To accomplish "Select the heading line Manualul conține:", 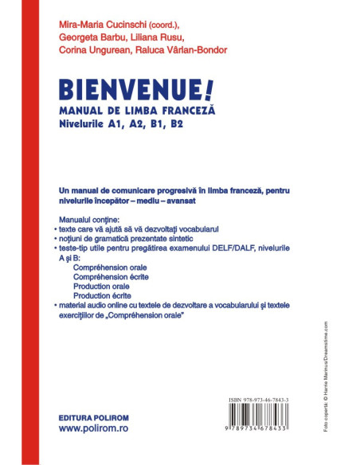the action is [88, 218].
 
